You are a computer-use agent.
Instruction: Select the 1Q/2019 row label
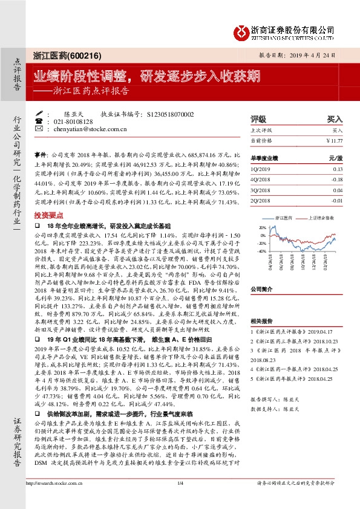click(x=260, y=170)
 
